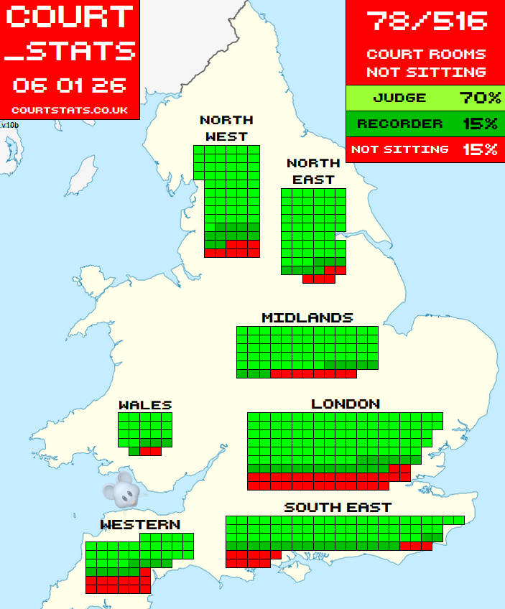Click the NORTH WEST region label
click(226, 128)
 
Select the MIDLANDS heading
click(307, 317)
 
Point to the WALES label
click(145, 405)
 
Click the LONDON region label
click(346, 404)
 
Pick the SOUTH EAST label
click(338, 507)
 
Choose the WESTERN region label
click(140, 525)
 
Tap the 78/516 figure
click(426, 21)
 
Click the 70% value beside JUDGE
click(478, 98)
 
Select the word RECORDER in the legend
click(399, 124)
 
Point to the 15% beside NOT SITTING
click(480, 149)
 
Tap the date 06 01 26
click(70, 85)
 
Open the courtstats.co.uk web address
click(70, 110)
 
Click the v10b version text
click(9, 125)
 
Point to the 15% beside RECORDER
click(480, 124)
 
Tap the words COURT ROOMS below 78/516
click(426, 54)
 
